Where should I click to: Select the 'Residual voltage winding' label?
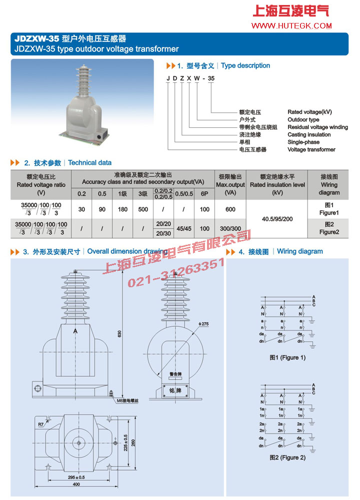click(317, 127)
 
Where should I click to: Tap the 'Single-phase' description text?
click(303, 142)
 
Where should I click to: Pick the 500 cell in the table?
click(143, 209)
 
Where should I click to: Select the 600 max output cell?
click(230, 209)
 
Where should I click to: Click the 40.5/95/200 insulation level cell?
click(276, 218)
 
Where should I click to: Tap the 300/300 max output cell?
click(230, 229)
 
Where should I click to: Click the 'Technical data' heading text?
click(90, 163)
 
